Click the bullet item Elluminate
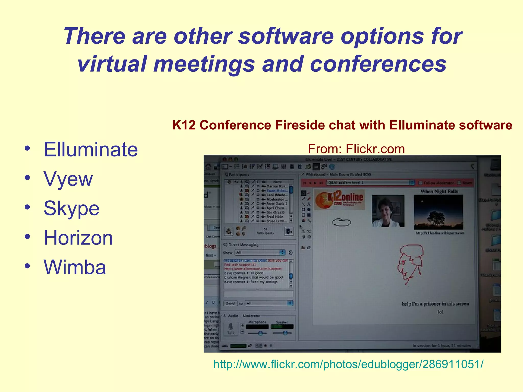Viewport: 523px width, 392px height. pos(91,150)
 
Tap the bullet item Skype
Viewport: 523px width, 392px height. pos(72,209)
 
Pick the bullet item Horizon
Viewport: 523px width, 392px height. pos(78,238)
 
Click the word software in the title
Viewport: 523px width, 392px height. pos(286,36)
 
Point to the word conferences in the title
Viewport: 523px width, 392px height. pos(378,64)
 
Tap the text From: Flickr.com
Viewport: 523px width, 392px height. pos(356,149)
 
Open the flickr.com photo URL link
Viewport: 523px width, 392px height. pos(348,364)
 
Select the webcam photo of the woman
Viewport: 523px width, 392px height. pos(388,211)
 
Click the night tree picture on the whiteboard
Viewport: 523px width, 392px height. pos(438,212)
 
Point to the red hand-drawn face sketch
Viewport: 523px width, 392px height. pos(410,263)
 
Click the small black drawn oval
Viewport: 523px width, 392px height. pos(341,222)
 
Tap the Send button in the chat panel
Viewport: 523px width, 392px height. pos(230,303)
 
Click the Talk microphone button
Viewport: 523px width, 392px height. pos(231,329)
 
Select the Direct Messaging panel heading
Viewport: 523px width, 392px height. pos(243,245)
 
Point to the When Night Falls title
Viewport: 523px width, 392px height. pos(439,191)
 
